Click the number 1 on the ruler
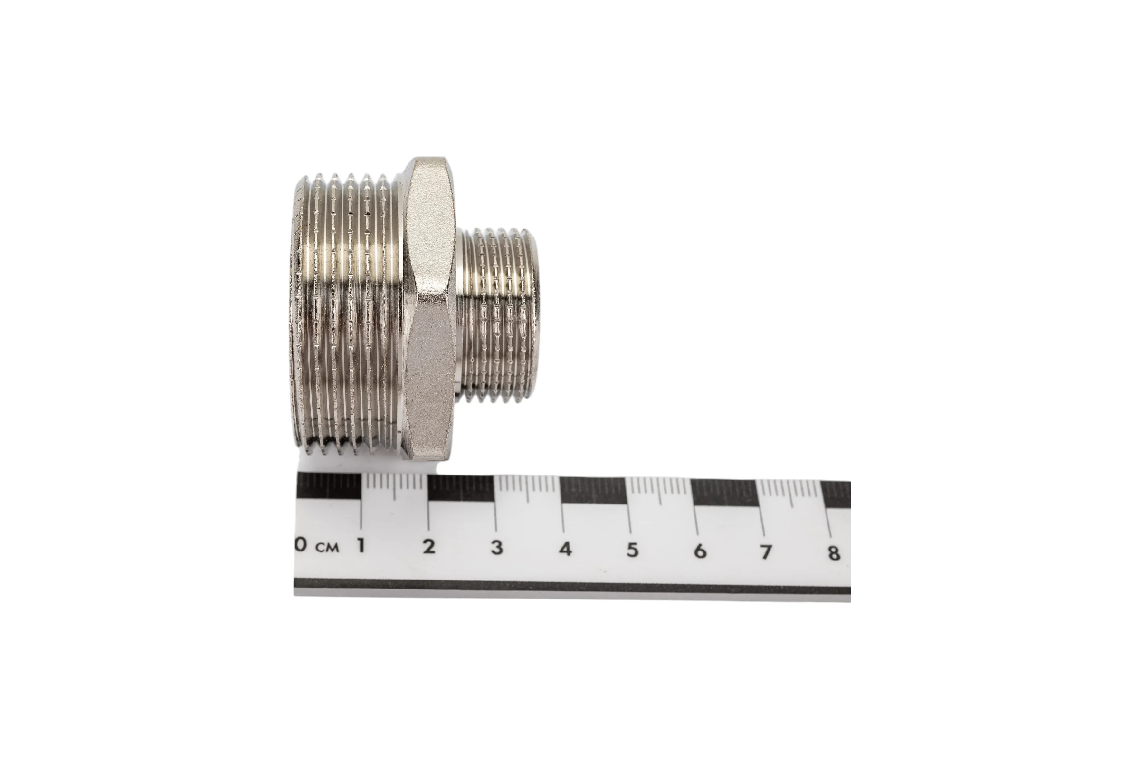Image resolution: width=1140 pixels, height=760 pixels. [361, 546]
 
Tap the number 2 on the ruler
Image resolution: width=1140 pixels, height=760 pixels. [428, 547]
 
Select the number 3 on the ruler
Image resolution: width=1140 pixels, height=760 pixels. [497, 548]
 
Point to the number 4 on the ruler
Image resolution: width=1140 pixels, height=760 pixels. [565, 549]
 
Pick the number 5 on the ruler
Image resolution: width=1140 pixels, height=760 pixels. [633, 550]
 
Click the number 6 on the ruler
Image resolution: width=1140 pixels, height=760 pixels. [700, 551]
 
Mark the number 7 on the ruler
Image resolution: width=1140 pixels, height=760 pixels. [766, 551]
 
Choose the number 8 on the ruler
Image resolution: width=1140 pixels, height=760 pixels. [834, 552]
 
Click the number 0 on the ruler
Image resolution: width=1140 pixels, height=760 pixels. [301, 545]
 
